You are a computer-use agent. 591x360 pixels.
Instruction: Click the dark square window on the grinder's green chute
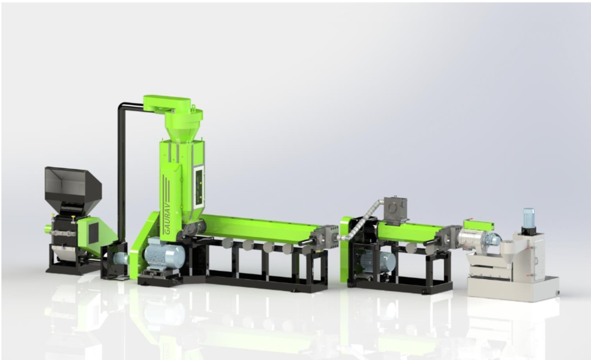[93, 231]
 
